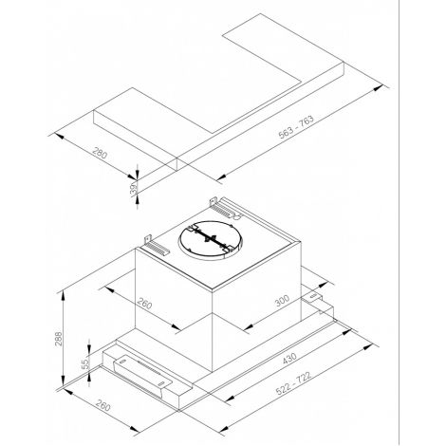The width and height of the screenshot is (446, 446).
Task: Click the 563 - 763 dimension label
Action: click(296, 127)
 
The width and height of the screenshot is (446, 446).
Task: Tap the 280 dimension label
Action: click(100, 153)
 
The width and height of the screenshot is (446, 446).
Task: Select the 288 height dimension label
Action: click(59, 338)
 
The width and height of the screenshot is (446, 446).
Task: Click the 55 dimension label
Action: click(84, 364)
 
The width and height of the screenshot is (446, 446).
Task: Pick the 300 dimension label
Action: click(282, 301)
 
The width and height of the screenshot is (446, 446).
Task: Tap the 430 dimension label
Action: click(289, 359)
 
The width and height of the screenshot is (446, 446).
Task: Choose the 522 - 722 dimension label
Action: click(293, 383)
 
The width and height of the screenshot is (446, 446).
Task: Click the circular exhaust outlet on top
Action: click(211, 239)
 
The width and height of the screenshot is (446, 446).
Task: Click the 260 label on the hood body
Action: click(144, 303)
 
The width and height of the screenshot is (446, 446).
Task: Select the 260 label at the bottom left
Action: click(103, 405)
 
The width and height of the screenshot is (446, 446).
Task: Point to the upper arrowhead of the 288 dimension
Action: click(64, 295)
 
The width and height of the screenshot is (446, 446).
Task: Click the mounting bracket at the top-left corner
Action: click(157, 245)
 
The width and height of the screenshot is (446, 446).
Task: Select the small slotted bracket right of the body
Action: click(312, 297)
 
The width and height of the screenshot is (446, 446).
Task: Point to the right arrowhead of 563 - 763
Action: click(379, 88)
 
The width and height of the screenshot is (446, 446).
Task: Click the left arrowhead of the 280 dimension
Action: click(59, 137)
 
